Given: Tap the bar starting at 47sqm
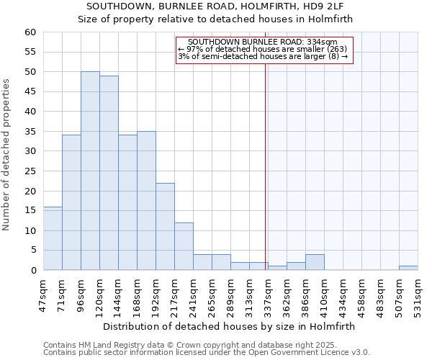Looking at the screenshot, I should pos(53,238).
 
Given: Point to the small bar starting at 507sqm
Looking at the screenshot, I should pos(408,268).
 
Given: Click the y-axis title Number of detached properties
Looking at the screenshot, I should pos(6,155).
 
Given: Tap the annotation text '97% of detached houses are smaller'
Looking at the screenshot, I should pos(262,49).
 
